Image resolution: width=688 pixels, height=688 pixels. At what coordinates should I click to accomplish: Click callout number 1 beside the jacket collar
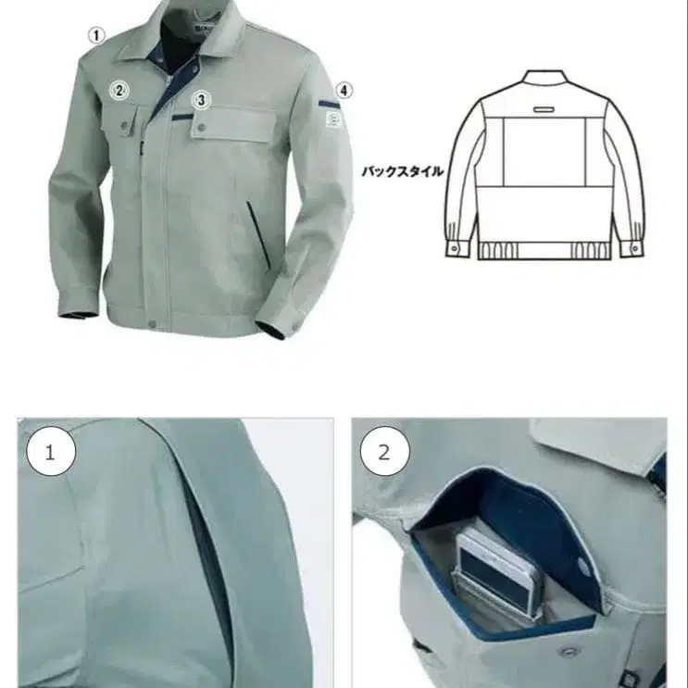tap(96, 35)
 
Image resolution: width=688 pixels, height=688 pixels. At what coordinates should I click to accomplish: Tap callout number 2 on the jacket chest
tap(119, 91)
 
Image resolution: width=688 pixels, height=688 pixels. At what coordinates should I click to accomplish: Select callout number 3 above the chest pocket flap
tap(201, 100)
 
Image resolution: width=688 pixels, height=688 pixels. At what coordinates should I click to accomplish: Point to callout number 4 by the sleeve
tap(344, 91)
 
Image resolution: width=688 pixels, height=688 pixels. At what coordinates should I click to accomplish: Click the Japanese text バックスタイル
tap(403, 171)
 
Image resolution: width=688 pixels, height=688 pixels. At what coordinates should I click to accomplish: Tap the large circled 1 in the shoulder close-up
tap(51, 452)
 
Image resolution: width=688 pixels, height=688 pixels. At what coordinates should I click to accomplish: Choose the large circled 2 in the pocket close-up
tap(385, 452)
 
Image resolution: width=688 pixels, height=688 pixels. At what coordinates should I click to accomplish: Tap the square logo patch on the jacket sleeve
tap(333, 119)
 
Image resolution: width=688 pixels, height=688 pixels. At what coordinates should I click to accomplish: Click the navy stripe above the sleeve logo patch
tap(330, 105)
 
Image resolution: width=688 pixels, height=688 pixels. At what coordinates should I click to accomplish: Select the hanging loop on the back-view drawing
tap(544, 108)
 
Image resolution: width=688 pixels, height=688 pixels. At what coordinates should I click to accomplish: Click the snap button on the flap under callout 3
tap(201, 128)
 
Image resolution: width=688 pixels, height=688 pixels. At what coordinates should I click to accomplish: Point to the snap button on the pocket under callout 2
tap(125, 126)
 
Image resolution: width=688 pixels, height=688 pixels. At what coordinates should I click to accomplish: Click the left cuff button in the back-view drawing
tap(454, 249)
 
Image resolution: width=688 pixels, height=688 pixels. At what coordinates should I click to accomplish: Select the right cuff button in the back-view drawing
tap(635, 248)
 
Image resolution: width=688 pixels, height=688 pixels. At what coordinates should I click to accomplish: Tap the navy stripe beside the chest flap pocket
tap(182, 118)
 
